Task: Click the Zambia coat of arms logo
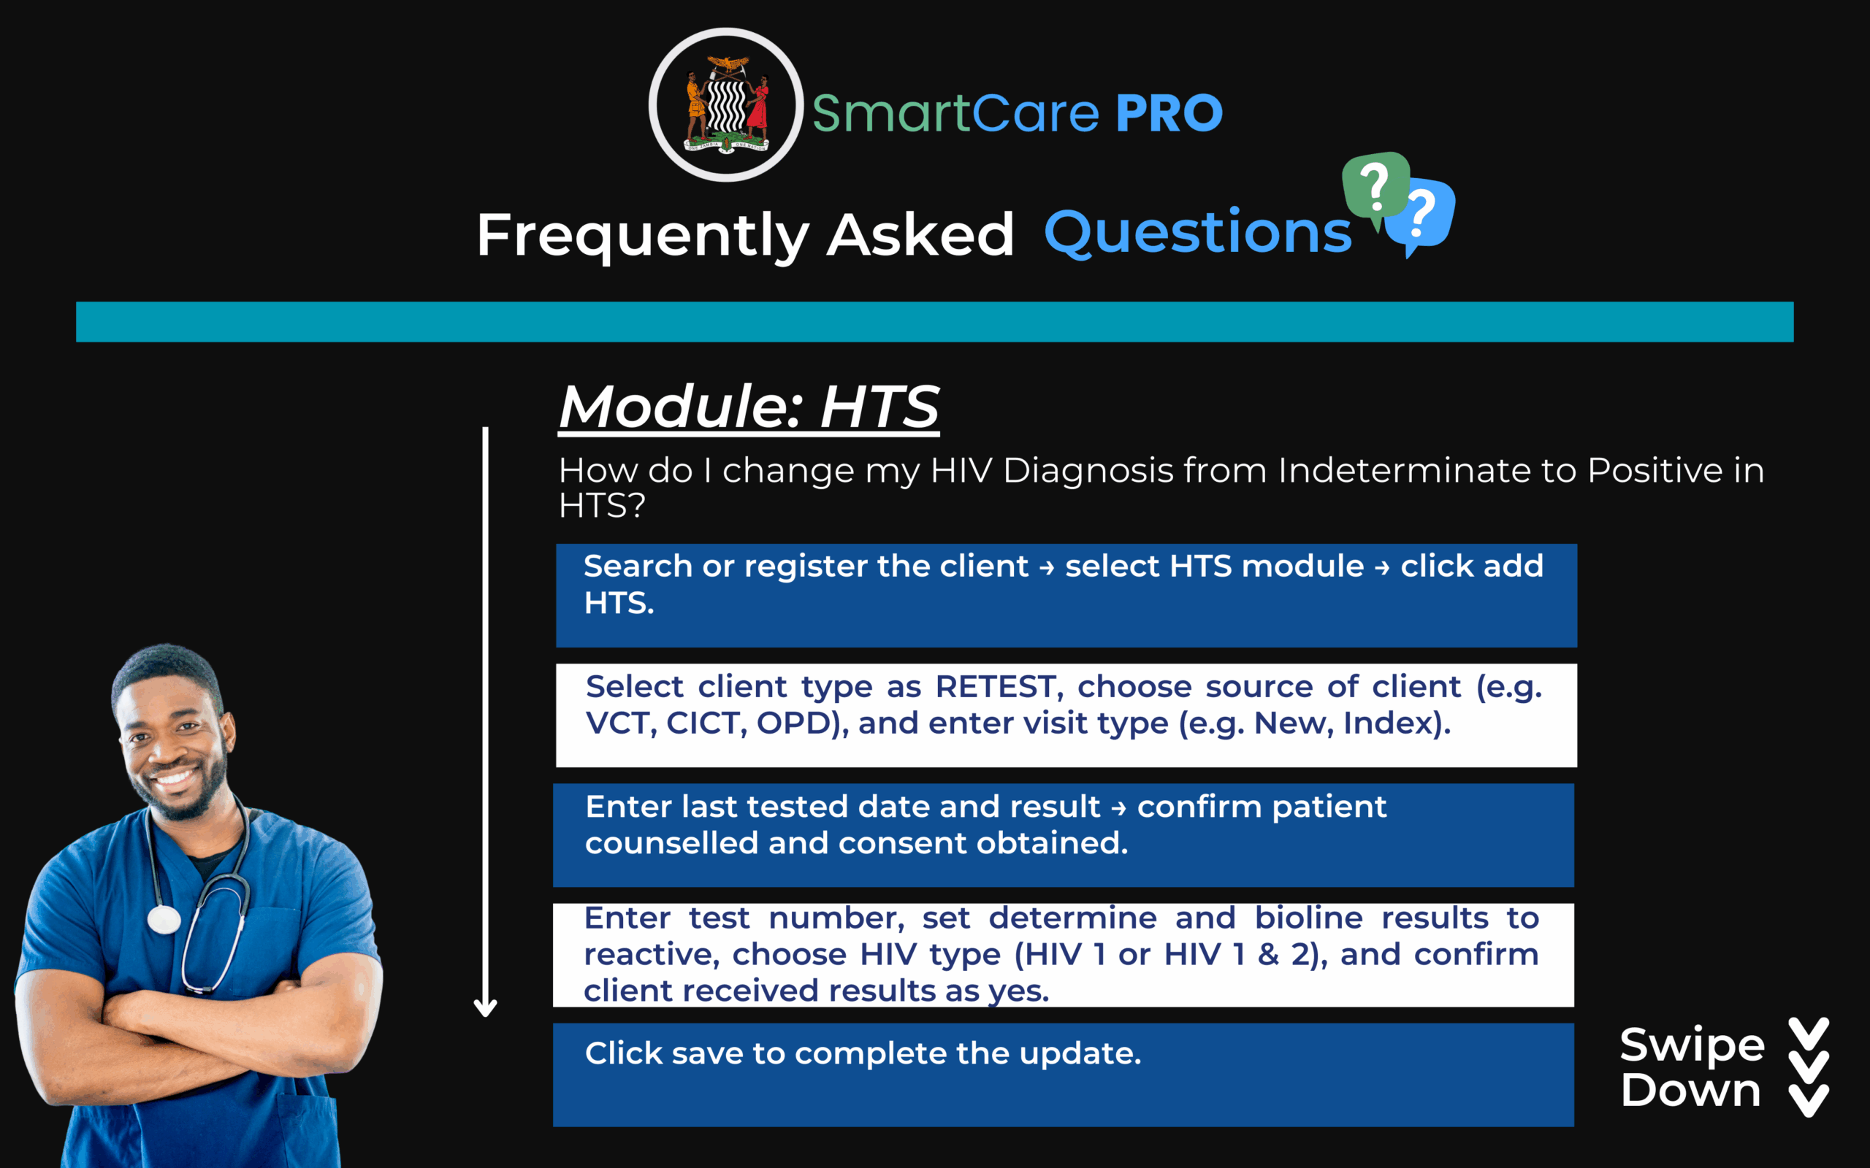pyautogui.click(x=726, y=105)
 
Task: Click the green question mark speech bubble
pyautogui.click(x=1375, y=187)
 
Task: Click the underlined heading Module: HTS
pyautogui.click(x=749, y=407)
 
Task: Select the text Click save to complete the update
pyautogui.click(x=863, y=1053)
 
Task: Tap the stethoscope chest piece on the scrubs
pyautogui.click(x=164, y=919)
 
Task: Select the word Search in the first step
pyautogui.click(x=638, y=566)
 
